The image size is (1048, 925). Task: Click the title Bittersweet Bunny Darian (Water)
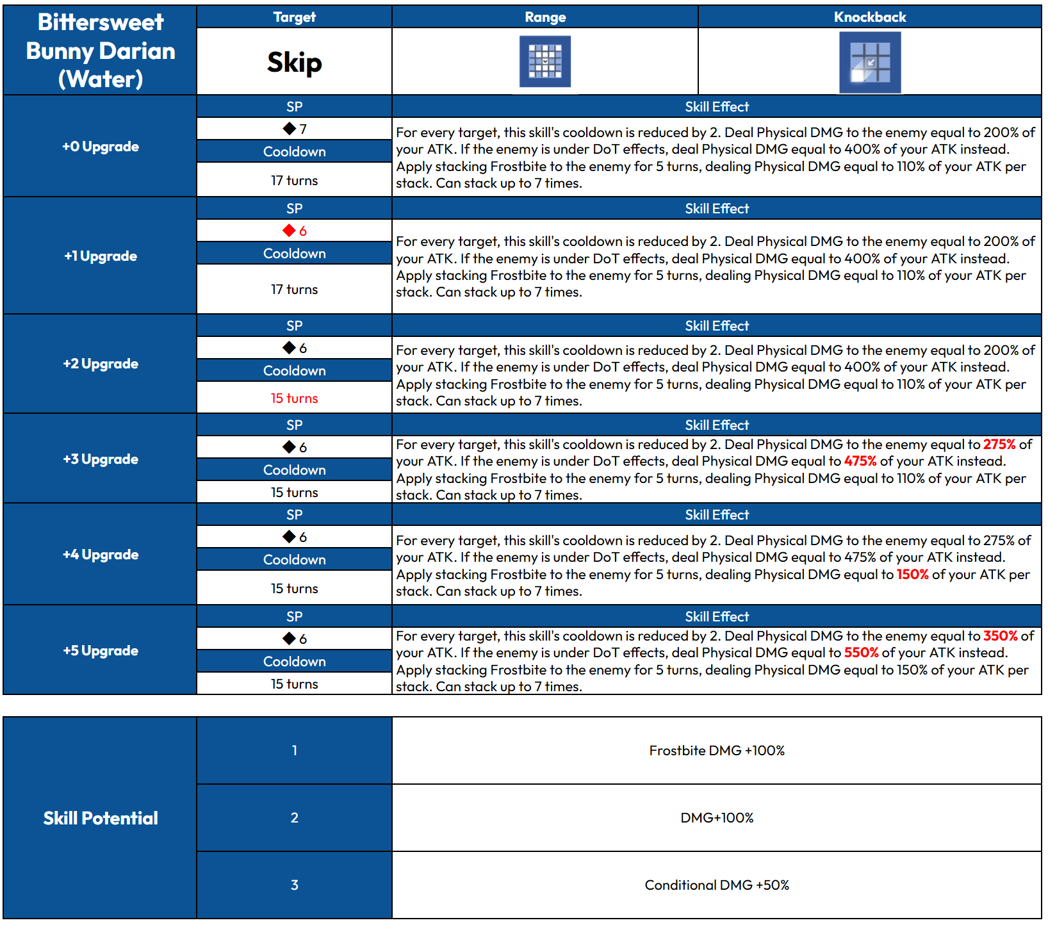coord(101,51)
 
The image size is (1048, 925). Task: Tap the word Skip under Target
coord(294,62)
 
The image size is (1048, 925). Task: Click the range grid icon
coord(544,61)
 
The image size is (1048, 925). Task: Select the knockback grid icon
coord(869,62)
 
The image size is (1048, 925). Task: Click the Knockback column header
coord(869,17)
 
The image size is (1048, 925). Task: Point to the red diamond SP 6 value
coord(295,231)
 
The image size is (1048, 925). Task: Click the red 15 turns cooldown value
coord(294,398)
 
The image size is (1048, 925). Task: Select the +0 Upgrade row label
coord(101,147)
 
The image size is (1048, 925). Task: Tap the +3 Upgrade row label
coord(101,459)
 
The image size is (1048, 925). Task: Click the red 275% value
coord(999,445)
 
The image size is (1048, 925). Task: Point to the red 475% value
coord(860,461)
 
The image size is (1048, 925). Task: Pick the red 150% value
coord(912,575)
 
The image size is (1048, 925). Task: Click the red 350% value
coord(1000,636)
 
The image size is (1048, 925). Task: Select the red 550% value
coord(861,653)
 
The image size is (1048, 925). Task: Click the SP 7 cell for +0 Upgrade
coord(295,129)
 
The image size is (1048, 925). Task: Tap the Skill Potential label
coord(101,818)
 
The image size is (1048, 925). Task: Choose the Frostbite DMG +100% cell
coord(716,751)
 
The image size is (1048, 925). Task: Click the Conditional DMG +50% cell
coord(716,885)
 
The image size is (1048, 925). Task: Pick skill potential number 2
coord(294,818)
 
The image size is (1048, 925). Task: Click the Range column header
coord(544,17)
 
